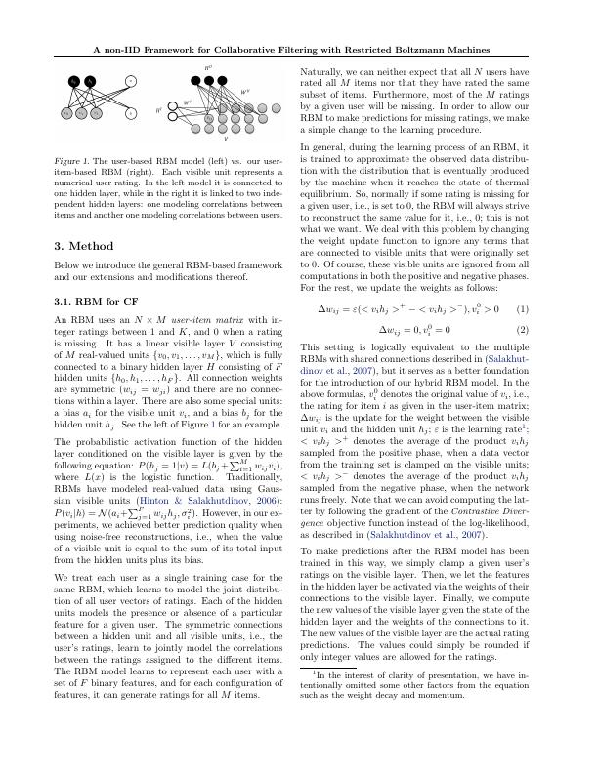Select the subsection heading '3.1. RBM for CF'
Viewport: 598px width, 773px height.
(x=98, y=300)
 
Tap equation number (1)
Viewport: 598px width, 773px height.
(x=523, y=310)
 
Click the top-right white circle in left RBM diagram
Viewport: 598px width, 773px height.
(x=132, y=80)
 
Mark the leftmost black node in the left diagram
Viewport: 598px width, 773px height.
(x=74, y=81)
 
